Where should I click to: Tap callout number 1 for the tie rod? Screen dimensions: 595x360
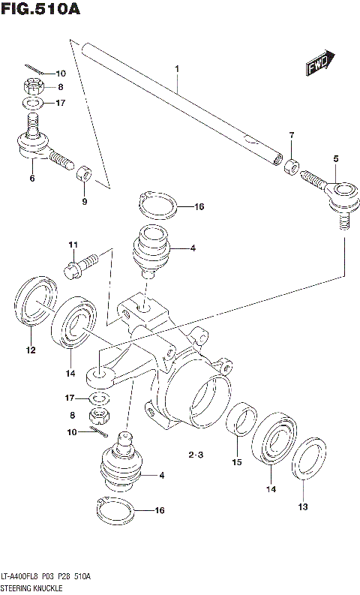(x=178, y=70)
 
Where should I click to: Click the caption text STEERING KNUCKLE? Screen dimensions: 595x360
(x=31, y=586)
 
